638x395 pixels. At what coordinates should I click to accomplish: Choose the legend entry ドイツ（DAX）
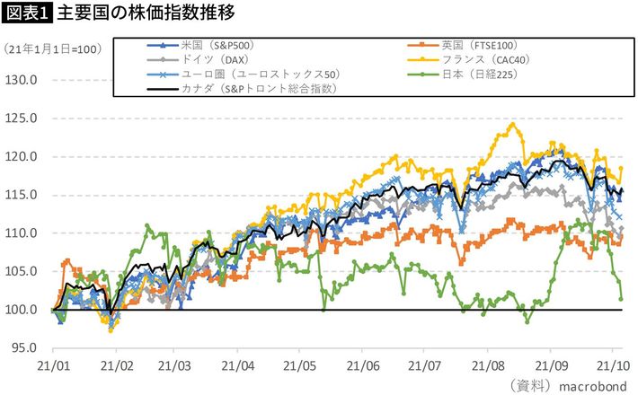point(208,59)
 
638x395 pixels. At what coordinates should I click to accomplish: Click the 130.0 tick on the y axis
point(21,80)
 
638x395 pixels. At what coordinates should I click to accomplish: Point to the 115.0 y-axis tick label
point(21,195)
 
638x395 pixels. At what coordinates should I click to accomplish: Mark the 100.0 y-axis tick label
point(21,310)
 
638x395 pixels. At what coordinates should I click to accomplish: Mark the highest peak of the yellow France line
point(512,124)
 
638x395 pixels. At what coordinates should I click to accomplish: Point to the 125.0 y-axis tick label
point(21,118)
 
